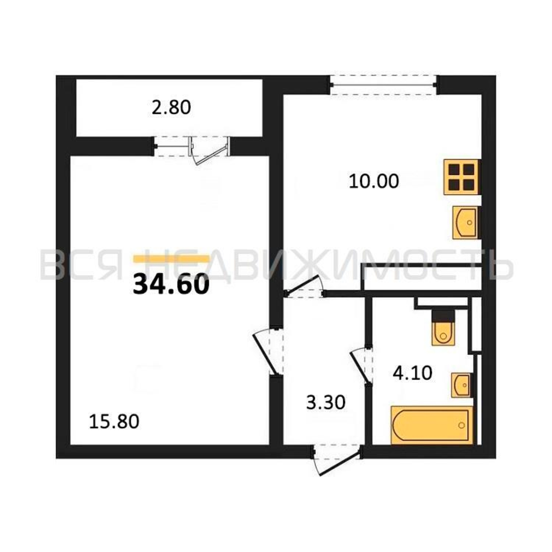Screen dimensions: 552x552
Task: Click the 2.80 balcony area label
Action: pos(171,108)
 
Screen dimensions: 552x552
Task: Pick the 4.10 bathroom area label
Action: pos(412,373)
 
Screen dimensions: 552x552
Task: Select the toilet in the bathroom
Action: pos(443,327)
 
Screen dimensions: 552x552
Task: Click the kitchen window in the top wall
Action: pos(383,85)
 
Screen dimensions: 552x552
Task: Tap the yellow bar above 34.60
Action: pos(171,259)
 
